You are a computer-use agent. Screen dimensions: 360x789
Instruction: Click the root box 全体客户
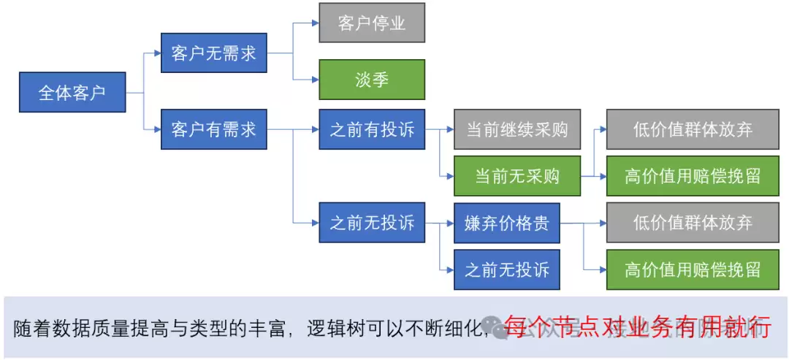pos(72,93)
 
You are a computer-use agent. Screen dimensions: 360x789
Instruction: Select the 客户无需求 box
pos(213,53)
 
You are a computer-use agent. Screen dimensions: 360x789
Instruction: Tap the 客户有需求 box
pos(213,130)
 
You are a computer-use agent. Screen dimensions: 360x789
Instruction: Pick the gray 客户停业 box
pos(372,23)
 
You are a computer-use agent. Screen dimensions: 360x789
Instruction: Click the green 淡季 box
pos(372,80)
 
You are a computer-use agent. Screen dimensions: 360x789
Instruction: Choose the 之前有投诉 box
pos(372,130)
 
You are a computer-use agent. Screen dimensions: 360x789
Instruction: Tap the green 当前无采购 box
pos(517,176)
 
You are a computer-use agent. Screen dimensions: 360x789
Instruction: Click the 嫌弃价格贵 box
pos(506,223)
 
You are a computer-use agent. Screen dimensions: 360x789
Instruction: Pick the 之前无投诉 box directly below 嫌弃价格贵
pos(506,269)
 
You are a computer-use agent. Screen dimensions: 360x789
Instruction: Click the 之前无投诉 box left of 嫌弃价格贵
pos(372,223)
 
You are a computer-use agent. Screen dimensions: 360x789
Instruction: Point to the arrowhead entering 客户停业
pos(315,23)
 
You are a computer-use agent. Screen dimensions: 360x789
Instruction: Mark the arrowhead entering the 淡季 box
pos(315,79)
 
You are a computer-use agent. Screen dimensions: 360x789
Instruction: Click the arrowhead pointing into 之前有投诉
pos(315,130)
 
